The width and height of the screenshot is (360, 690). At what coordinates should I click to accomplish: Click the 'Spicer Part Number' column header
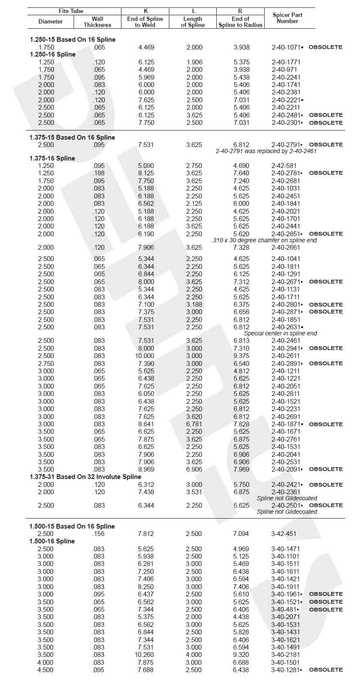(287, 18)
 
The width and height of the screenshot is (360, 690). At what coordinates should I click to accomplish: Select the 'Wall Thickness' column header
(98, 22)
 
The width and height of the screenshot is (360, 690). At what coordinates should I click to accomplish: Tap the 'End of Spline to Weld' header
(145, 22)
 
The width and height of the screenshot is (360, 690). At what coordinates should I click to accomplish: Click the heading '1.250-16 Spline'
(53, 54)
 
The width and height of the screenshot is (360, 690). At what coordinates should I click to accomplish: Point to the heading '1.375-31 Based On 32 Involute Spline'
(85, 477)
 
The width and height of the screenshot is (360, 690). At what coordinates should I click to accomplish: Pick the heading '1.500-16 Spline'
(52, 541)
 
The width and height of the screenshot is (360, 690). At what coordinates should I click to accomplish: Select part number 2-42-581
(284, 165)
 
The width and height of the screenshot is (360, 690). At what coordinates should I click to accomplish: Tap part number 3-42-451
(283, 534)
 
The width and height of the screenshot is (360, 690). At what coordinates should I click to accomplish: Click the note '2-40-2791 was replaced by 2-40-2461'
(266, 151)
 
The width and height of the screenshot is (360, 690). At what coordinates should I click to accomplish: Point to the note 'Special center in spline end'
(280, 333)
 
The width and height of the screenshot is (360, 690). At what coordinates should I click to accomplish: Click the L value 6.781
(194, 424)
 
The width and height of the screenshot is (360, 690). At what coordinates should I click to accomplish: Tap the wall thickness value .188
(99, 173)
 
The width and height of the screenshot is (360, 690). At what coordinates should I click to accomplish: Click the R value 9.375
(241, 356)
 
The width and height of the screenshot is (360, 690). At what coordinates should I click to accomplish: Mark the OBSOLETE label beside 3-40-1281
(326, 670)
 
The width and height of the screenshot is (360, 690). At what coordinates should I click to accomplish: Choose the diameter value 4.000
(46, 663)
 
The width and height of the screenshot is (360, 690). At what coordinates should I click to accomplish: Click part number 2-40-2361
(286, 492)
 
